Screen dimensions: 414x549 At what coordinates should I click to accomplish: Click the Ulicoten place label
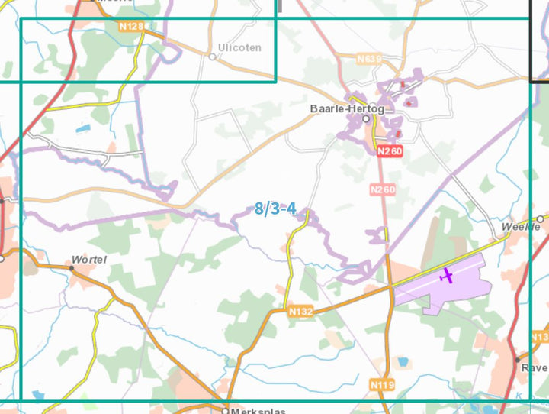pyautogui.click(x=239, y=47)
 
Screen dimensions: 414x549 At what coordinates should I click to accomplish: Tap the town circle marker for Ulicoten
pyautogui.click(x=213, y=57)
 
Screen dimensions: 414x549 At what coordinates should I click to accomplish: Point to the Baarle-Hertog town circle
pyautogui.click(x=366, y=119)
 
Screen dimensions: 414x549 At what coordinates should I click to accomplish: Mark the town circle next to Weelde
pyautogui.click(x=540, y=219)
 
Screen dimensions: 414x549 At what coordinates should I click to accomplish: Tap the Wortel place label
pyautogui.click(x=88, y=259)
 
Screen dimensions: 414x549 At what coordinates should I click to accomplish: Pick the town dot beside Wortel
pyautogui.click(x=72, y=268)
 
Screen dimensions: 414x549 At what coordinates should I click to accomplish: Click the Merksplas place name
pyautogui.click(x=258, y=411)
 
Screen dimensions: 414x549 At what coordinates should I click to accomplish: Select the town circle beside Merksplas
pyautogui.click(x=226, y=409)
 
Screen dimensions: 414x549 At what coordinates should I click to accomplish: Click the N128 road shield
pyautogui.click(x=132, y=27)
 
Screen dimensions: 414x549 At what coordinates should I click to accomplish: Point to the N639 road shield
pyautogui.click(x=370, y=57)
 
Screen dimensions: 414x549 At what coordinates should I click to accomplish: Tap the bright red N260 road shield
pyautogui.click(x=390, y=151)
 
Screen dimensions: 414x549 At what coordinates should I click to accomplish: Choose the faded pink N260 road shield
pyautogui.click(x=383, y=189)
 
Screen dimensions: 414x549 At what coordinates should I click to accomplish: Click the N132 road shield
pyautogui.click(x=300, y=312)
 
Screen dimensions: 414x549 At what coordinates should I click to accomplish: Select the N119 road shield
pyautogui.click(x=382, y=385)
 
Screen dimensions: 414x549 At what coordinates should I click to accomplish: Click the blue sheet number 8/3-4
pyautogui.click(x=275, y=209)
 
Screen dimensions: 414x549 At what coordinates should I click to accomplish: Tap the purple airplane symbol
pyautogui.click(x=446, y=274)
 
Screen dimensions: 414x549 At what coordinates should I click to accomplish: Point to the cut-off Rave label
pyautogui.click(x=534, y=367)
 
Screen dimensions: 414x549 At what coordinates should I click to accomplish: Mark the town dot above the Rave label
pyautogui.click(x=518, y=358)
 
